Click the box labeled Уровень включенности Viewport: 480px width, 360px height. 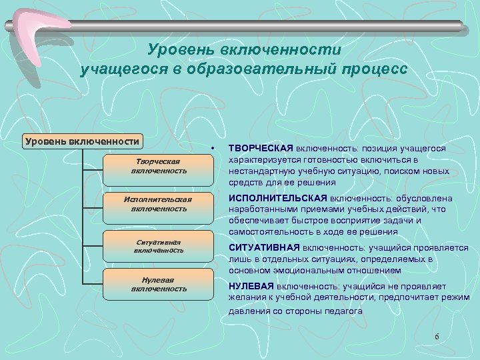click(81, 141)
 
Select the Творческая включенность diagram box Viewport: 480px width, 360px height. click(159, 166)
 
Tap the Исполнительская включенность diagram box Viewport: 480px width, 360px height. click(159, 203)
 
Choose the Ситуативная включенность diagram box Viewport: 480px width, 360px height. click(159, 245)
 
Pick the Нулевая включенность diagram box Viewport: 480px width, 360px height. click(159, 284)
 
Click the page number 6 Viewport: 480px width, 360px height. click(437, 336)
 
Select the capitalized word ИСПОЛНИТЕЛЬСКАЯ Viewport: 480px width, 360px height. click(277, 198)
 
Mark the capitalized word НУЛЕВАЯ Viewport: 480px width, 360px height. click(251, 285)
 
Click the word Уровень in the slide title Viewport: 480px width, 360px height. click(177, 51)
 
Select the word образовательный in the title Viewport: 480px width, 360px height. click(267, 69)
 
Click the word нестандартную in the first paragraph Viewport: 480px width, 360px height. click(260, 171)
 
